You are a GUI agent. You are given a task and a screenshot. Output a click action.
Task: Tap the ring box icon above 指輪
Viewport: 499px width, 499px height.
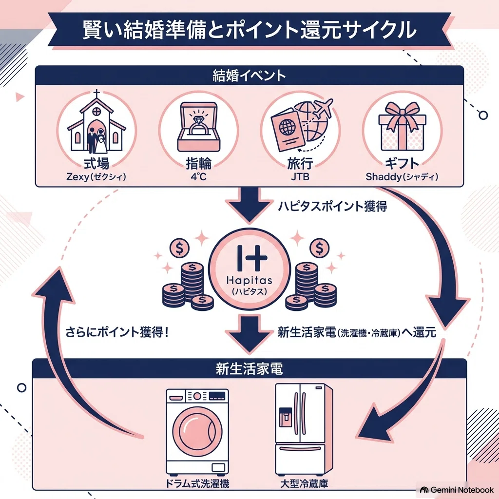(x=199, y=126)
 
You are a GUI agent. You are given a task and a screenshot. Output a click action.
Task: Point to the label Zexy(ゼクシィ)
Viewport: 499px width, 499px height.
(x=96, y=176)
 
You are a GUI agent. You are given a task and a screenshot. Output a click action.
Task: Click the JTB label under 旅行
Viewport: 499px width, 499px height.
(x=300, y=176)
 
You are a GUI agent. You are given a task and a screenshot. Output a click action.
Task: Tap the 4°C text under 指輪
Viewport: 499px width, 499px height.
(x=199, y=176)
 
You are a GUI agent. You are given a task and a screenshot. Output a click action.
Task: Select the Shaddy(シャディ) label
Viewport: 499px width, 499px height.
(x=402, y=176)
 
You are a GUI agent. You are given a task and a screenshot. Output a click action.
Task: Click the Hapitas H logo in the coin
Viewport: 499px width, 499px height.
(x=252, y=258)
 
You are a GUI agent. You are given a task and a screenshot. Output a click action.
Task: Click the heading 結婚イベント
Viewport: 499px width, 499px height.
(x=249, y=76)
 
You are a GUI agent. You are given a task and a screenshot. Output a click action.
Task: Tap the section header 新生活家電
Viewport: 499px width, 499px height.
(x=249, y=369)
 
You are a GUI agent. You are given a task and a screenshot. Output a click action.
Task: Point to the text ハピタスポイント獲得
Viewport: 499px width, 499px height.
(x=332, y=206)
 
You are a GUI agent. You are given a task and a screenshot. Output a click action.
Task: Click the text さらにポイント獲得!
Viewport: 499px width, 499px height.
(x=117, y=332)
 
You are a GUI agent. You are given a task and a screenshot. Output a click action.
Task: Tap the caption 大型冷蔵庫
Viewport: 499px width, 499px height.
(x=304, y=484)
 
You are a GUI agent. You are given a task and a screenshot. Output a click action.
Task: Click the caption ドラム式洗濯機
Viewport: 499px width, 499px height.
(x=197, y=484)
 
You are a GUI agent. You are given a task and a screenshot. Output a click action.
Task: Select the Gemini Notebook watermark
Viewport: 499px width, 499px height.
(x=457, y=490)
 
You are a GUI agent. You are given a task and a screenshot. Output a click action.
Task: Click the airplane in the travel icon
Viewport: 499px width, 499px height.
(x=323, y=108)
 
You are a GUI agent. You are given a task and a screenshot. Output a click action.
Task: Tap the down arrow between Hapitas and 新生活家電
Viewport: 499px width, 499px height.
(x=249, y=334)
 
